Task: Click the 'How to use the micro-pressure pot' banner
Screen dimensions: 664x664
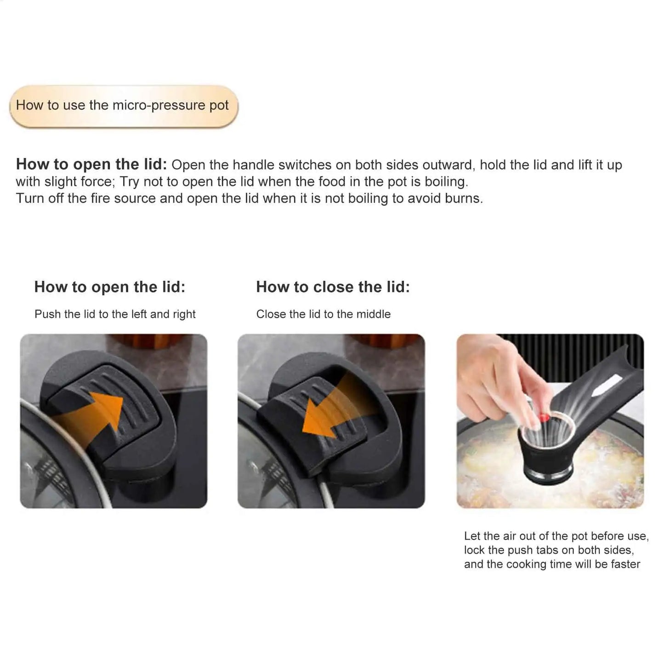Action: (x=123, y=106)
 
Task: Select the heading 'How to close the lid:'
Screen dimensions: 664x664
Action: (x=333, y=287)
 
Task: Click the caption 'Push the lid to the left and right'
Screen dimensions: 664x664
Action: (x=115, y=314)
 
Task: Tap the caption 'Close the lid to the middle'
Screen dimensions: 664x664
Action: (x=323, y=314)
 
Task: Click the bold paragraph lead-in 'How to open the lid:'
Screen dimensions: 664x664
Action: (x=91, y=165)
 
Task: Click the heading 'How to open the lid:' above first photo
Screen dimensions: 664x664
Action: (x=110, y=287)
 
